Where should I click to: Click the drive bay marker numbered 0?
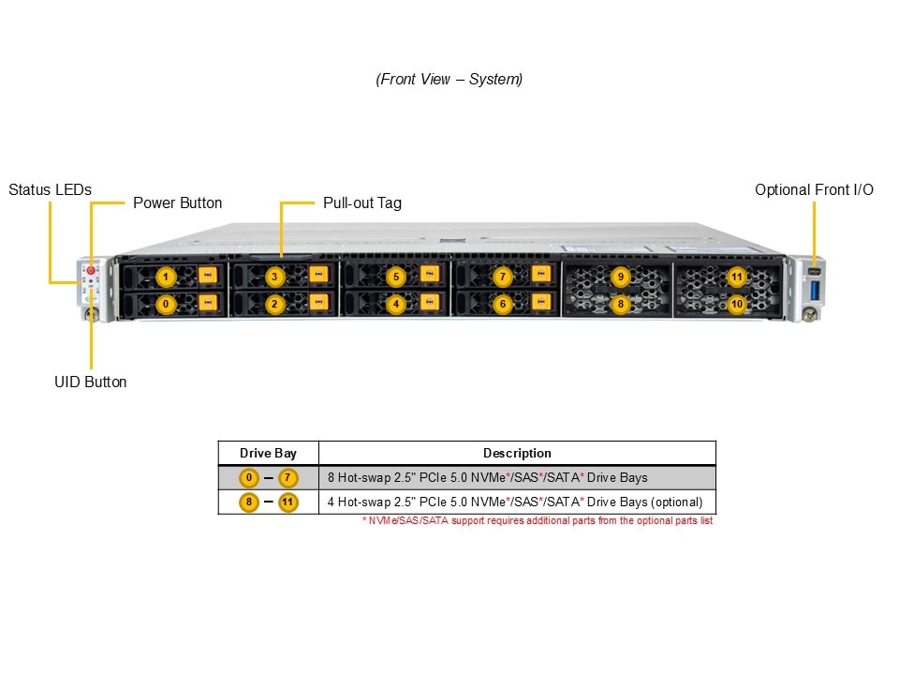tap(165, 304)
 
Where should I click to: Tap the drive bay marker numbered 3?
tap(274, 277)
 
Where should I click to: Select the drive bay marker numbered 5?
tap(396, 277)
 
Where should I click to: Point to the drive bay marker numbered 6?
tap(502, 304)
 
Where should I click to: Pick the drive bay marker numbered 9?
tap(620, 277)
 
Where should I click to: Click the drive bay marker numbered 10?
tap(737, 304)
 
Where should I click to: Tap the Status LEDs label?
tap(51, 190)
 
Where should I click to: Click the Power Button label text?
tap(177, 202)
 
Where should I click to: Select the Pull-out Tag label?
tap(361, 202)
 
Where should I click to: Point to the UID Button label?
tap(90, 382)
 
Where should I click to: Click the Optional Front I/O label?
tap(814, 190)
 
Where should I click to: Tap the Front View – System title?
tap(449, 80)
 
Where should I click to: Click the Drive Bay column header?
tap(268, 453)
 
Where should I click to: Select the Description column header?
tap(517, 453)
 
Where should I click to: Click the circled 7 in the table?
tap(287, 477)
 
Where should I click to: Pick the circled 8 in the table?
tap(248, 502)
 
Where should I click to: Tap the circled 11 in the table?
tap(287, 502)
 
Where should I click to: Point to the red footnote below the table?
tap(538, 520)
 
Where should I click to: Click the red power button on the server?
tap(91, 270)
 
